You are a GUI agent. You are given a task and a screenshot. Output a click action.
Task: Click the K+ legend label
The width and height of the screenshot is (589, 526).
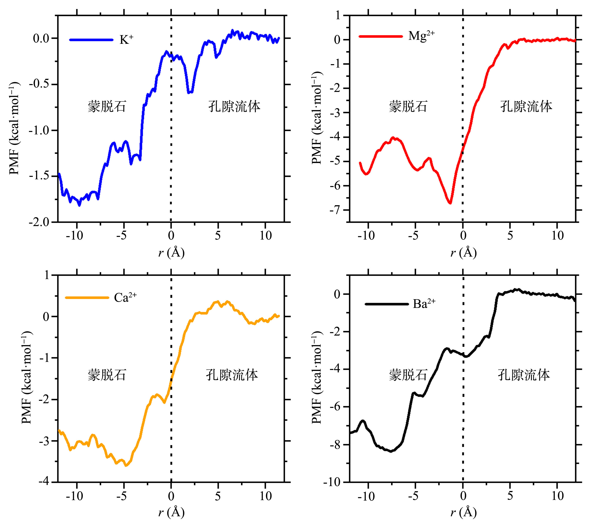click(126, 40)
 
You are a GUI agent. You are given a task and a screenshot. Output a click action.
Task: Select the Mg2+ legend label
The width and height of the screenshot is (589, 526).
click(421, 36)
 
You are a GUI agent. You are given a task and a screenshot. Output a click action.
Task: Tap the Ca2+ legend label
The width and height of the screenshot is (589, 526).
click(125, 297)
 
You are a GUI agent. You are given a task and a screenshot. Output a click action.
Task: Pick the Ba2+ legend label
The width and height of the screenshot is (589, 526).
click(424, 304)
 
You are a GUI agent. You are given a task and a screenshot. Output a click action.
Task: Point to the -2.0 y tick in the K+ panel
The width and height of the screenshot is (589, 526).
click(39, 223)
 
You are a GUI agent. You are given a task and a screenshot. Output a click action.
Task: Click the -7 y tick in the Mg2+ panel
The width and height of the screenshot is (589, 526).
click(336, 210)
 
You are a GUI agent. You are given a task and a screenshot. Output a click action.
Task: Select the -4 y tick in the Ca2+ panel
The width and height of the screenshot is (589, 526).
click(44, 482)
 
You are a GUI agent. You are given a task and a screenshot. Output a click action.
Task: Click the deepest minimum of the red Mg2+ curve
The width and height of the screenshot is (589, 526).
click(450, 203)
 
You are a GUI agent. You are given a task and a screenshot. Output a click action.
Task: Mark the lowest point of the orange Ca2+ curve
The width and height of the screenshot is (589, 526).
click(126, 466)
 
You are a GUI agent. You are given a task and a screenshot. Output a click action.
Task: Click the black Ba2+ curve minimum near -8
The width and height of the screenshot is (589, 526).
click(391, 451)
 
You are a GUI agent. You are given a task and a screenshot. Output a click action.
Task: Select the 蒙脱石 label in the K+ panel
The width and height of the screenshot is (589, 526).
click(107, 106)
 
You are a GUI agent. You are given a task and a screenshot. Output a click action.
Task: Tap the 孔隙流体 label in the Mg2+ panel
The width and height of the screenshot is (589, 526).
click(526, 106)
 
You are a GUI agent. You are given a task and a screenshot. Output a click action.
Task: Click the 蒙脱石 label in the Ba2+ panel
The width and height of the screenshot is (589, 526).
click(408, 375)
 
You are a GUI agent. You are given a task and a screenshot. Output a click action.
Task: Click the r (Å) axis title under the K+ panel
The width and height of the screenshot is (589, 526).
click(171, 253)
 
